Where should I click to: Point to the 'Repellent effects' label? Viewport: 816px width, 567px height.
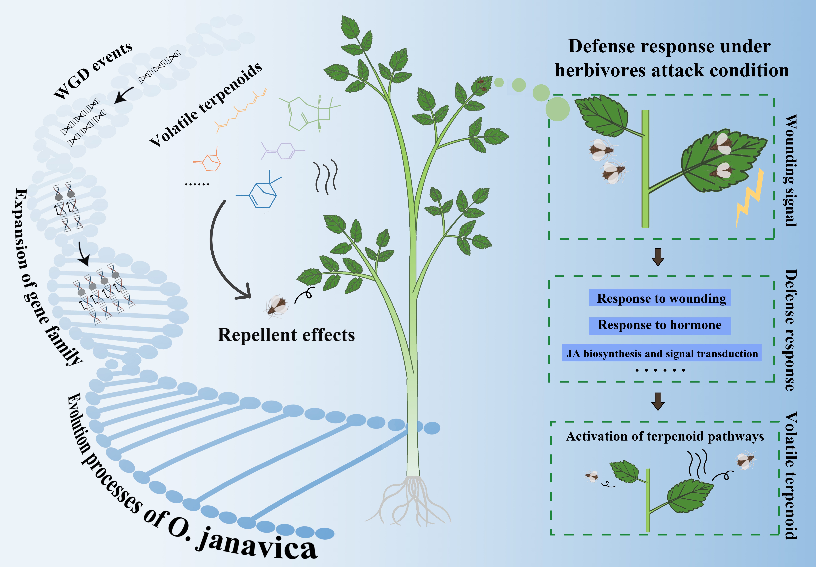286,335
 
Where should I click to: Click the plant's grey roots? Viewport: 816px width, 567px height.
408,501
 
